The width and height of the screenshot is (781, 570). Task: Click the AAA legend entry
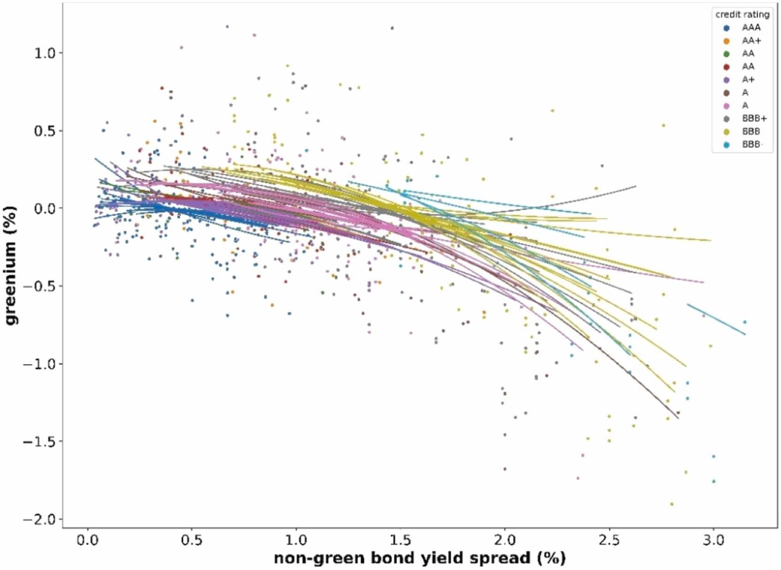[750, 28]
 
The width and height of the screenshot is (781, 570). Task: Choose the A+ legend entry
[748, 80]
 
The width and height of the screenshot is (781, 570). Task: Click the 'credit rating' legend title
[742, 15]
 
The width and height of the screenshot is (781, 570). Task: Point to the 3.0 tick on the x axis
[713, 541]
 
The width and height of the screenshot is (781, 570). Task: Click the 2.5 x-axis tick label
[609, 541]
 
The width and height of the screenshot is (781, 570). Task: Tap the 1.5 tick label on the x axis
[400, 541]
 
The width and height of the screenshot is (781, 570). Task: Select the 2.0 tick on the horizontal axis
[505, 541]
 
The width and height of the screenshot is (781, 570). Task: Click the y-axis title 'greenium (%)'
[11, 265]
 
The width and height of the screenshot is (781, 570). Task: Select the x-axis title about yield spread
[419, 558]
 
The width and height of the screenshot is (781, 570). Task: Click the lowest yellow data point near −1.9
[672, 504]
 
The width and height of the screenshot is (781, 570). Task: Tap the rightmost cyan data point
[745, 322]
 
